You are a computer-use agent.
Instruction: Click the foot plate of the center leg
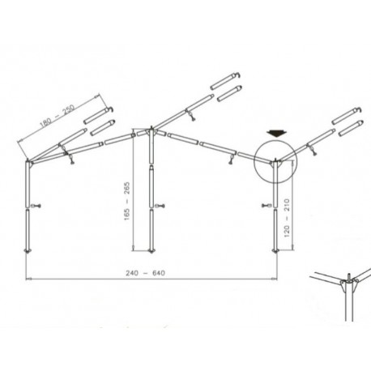[150, 251]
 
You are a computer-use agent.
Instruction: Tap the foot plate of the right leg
[277, 251]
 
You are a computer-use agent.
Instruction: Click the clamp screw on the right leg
[267, 205]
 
